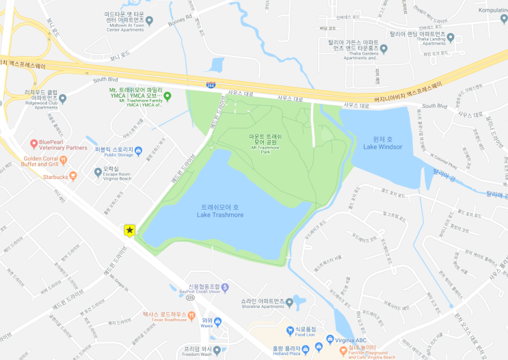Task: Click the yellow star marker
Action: (129, 231)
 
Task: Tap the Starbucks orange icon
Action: (73, 176)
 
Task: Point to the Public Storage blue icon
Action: (139, 150)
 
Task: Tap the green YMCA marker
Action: (167, 96)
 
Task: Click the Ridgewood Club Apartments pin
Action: (62, 98)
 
